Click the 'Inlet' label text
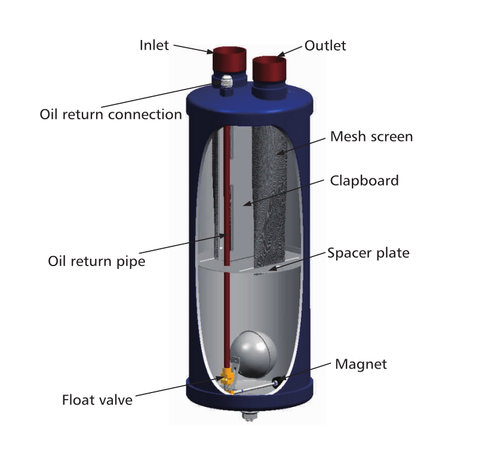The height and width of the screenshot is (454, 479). (154, 45)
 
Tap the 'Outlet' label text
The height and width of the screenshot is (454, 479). (326, 46)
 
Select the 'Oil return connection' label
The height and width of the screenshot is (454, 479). (111, 115)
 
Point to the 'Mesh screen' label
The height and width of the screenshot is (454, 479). (371, 137)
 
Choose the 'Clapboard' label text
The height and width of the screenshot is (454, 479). (364, 181)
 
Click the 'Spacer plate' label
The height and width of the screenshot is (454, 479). (369, 253)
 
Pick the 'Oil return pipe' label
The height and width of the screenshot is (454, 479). (97, 261)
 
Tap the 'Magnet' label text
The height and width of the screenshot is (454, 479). (361, 365)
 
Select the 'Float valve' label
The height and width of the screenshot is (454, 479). (97, 400)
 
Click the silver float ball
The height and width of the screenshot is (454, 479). (254, 354)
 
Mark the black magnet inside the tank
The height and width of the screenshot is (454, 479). (277, 382)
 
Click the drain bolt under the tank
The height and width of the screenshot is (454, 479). (249, 416)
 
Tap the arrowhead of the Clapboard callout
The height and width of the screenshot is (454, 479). (247, 203)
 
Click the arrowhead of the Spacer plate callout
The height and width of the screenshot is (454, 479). (272, 268)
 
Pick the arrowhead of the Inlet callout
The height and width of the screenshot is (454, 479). (210, 51)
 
